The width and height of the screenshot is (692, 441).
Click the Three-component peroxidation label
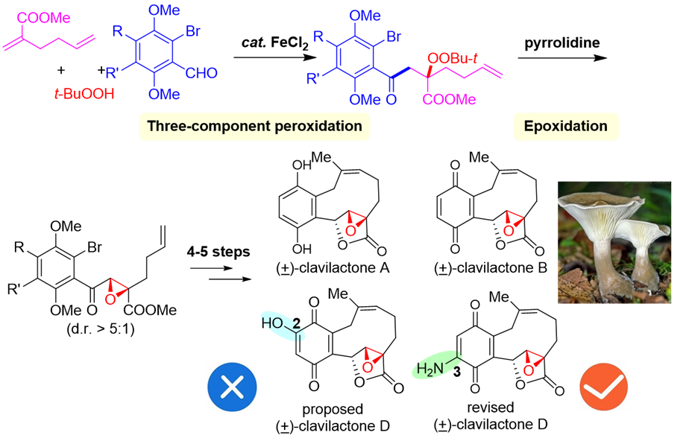point(254,127)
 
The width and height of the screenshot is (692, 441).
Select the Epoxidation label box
point(565,127)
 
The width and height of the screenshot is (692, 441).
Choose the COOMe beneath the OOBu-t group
point(450,100)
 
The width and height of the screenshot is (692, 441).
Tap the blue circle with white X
point(232,387)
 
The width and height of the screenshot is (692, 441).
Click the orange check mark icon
point(604,387)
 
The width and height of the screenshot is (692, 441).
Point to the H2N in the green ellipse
point(430,369)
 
